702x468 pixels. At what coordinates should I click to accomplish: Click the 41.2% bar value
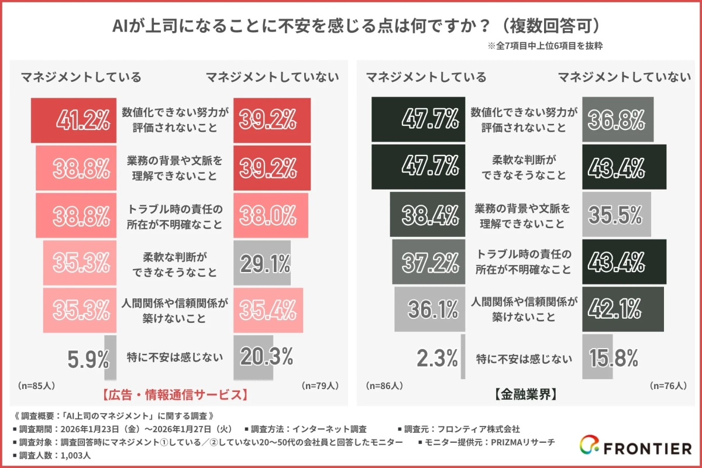pos(83,120)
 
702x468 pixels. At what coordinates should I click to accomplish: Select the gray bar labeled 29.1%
pos(261,263)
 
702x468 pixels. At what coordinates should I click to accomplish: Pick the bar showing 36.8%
pos(618,119)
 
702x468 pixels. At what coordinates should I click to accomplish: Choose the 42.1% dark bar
pos(623,310)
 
